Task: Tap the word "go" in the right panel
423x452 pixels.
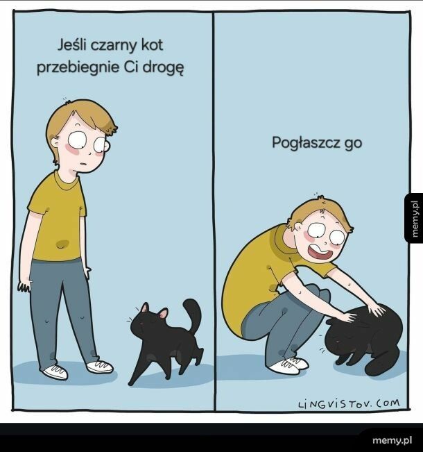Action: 354,144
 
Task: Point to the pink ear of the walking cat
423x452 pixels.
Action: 163,314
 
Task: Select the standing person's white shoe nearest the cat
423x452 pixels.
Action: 99,366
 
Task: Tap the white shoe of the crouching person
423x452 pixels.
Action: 286,365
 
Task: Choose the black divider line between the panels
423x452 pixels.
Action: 213,208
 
